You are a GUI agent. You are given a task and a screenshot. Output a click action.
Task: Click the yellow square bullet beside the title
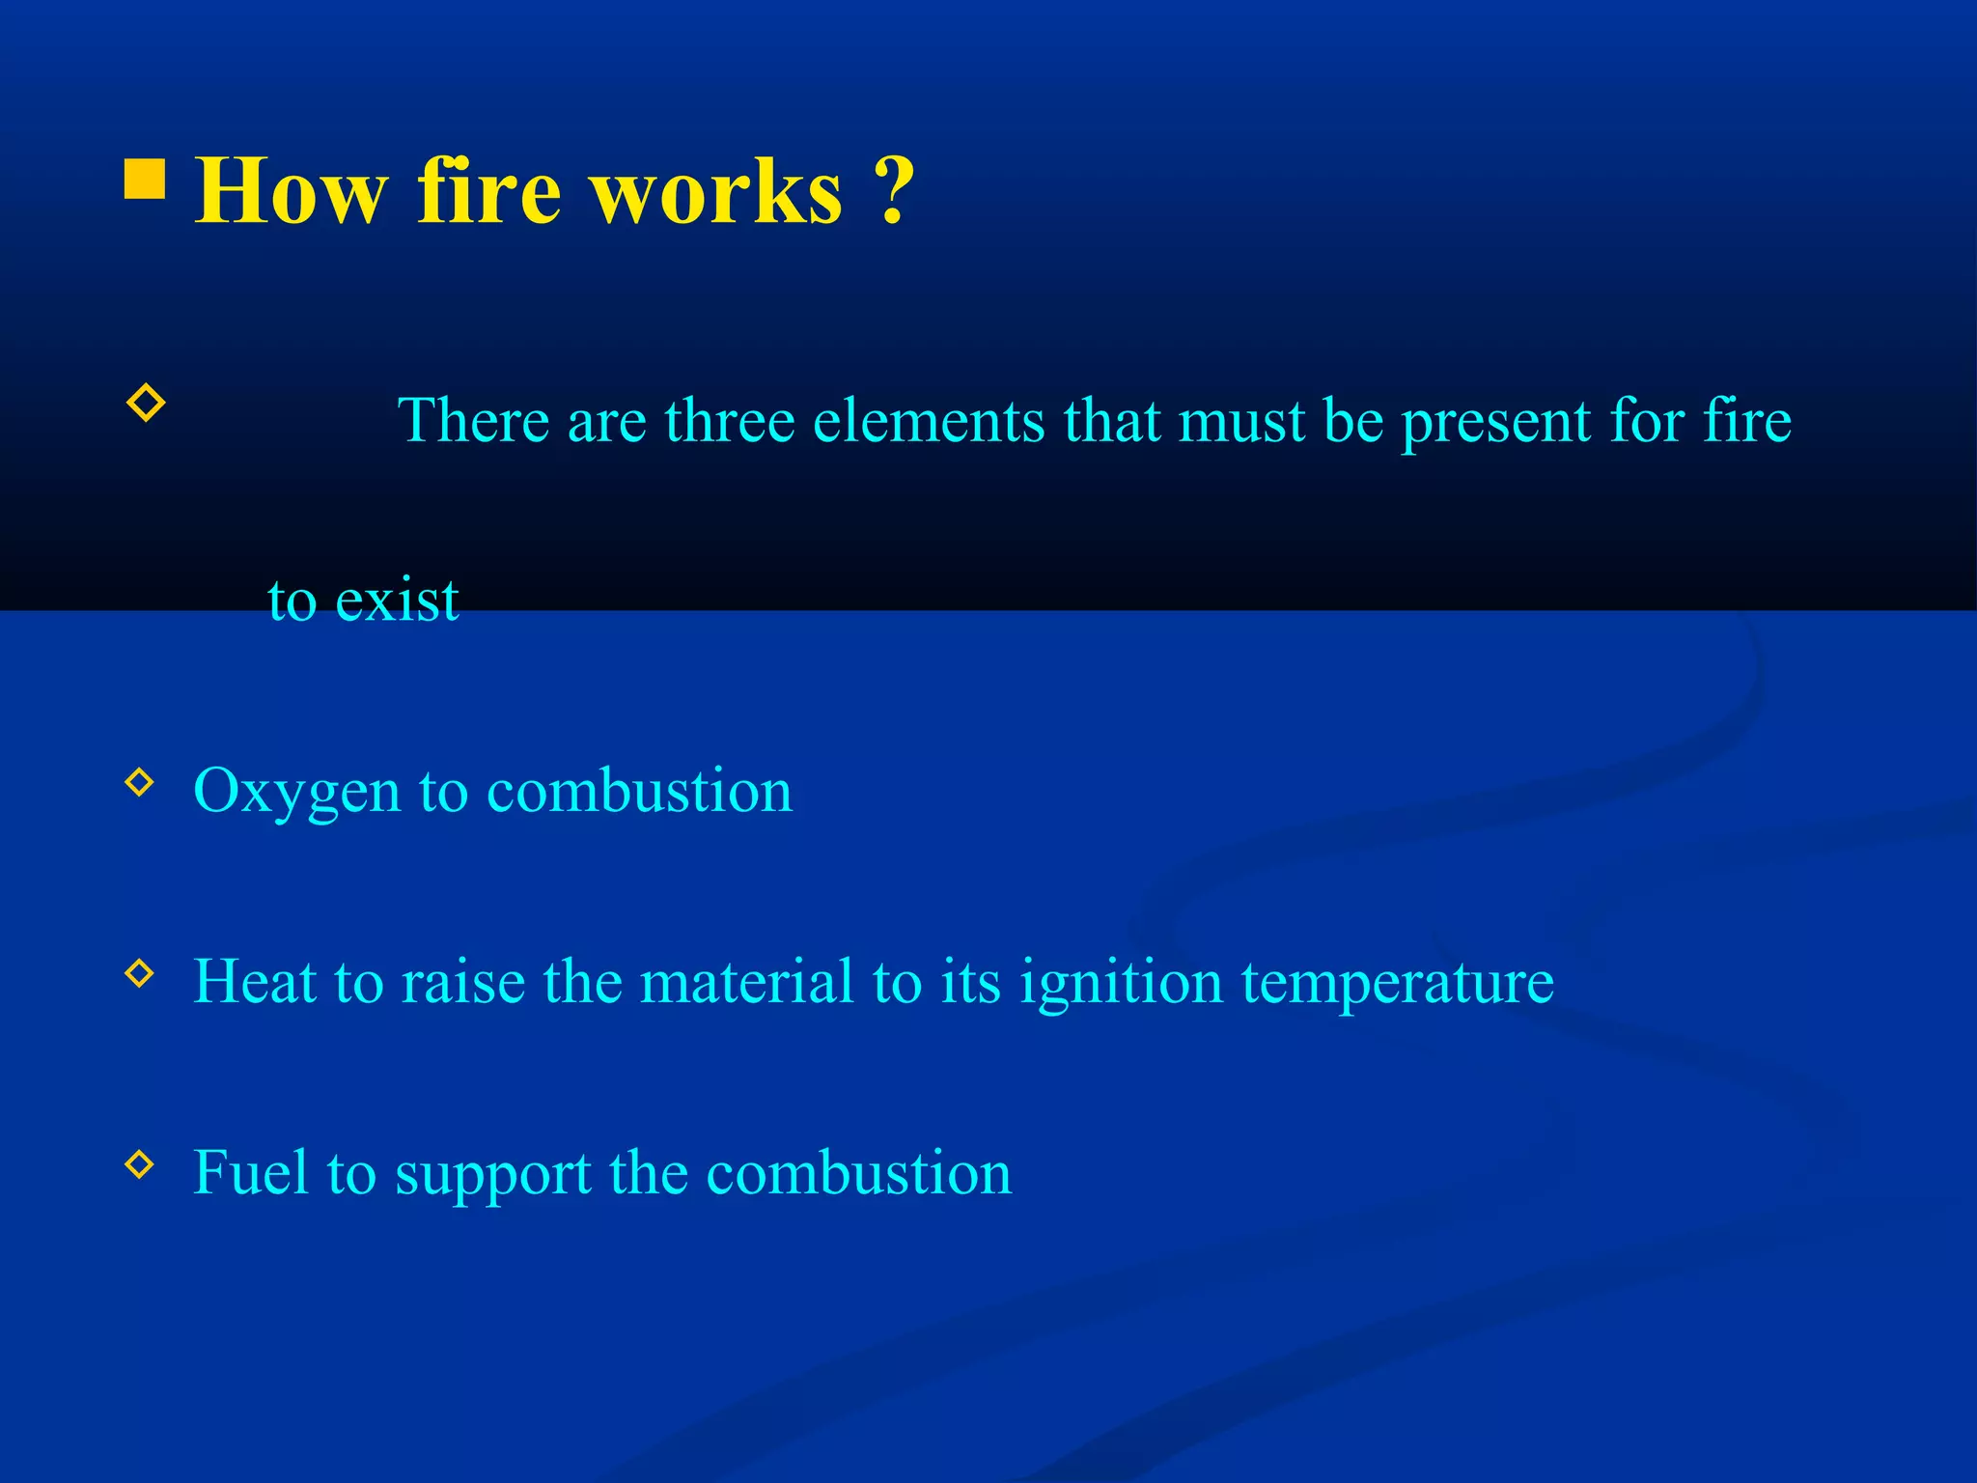tap(145, 179)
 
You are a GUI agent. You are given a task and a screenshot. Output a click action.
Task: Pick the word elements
tap(929, 421)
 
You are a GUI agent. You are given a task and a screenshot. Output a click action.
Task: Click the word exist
tap(397, 600)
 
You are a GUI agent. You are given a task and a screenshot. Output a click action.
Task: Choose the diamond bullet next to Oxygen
tap(140, 782)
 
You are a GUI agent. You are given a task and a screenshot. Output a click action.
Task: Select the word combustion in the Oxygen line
tap(639, 791)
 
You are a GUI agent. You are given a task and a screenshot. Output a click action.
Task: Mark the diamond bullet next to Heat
tap(140, 973)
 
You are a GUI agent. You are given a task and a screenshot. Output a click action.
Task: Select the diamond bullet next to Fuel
tap(140, 1164)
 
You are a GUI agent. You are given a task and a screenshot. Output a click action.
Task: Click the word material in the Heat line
tap(747, 981)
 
